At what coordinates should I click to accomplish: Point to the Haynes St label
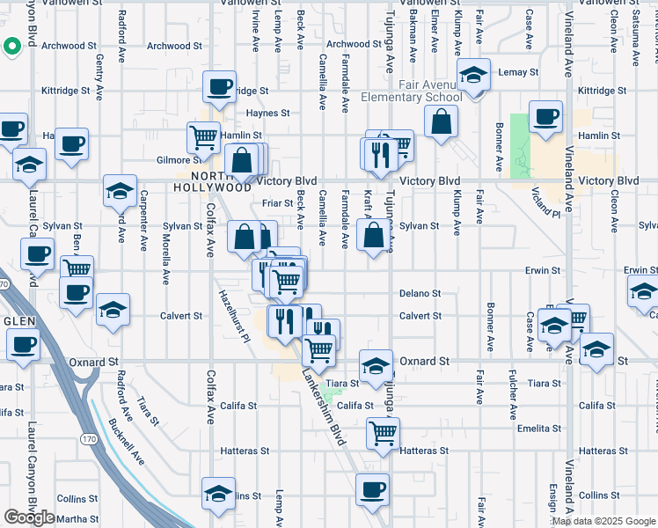click(267, 113)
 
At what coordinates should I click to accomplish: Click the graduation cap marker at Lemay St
click(473, 76)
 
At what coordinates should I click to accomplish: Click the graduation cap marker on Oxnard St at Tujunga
click(376, 366)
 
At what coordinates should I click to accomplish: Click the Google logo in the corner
click(30, 517)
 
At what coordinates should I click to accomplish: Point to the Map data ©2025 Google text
click(603, 521)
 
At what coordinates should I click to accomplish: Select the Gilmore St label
click(179, 160)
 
